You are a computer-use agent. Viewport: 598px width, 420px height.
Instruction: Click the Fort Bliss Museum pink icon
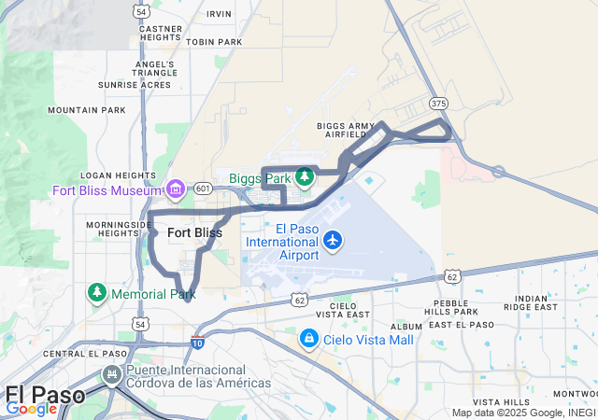click(x=175, y=191)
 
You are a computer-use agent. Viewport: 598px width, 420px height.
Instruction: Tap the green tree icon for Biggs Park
click(x=303, y=176)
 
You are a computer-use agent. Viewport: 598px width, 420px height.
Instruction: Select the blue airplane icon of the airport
click(x=333, y=241)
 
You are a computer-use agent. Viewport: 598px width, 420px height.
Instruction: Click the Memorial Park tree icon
click(x=97, y=293)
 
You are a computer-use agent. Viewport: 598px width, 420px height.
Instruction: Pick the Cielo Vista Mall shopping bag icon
click(x=309, y=339)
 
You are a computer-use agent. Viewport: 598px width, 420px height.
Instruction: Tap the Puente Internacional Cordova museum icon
click(x=112, y=375)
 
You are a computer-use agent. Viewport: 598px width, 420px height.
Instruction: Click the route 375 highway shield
click(x=437, y=104)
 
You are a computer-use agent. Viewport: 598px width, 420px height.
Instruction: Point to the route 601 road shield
click(x=203, y=189)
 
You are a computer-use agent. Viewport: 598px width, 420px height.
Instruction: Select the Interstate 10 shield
click(x=198, y=342)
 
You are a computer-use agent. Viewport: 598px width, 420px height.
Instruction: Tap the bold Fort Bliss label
click(x=195, y=232)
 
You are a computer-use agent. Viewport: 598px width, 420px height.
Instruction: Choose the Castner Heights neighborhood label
click(x=160, y=34)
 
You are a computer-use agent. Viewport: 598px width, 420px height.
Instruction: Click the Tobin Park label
click(x=214, y=42)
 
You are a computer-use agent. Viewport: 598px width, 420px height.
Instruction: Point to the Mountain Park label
click(x=86, y=110)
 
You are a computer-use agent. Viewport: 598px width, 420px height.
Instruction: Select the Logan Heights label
click(x=118, y=175)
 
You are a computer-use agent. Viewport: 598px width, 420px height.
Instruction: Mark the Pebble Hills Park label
click(x=450, y=306)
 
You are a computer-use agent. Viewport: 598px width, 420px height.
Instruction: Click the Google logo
click(x=31, y=408)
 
